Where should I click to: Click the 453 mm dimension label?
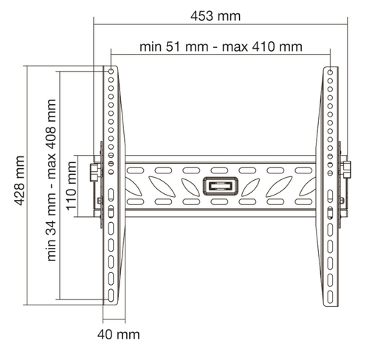(x=215, y=16)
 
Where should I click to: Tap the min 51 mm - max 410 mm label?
(x=221, y=46)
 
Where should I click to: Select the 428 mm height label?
(x=19, y=181)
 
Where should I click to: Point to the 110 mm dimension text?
(x=72, y=186)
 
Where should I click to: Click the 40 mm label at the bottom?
(x=118, y=334)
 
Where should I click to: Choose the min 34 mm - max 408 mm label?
(x=51, y=180)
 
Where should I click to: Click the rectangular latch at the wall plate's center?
(x=221, y=186)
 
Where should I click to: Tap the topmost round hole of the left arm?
(x=111, y=72)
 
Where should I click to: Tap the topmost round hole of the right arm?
(x=330, y=72)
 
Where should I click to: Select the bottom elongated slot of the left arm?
(x=111, y=295)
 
